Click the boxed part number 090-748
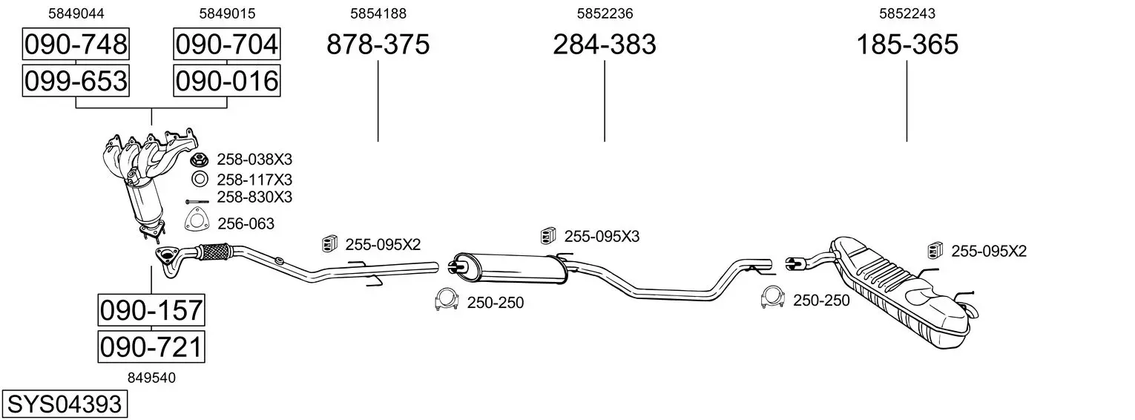76,44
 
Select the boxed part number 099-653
76,81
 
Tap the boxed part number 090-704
227,44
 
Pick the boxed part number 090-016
227,81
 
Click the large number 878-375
378,44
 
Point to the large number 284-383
605,44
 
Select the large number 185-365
907,44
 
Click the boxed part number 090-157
151,310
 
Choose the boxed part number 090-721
151,347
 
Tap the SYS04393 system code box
65,404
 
